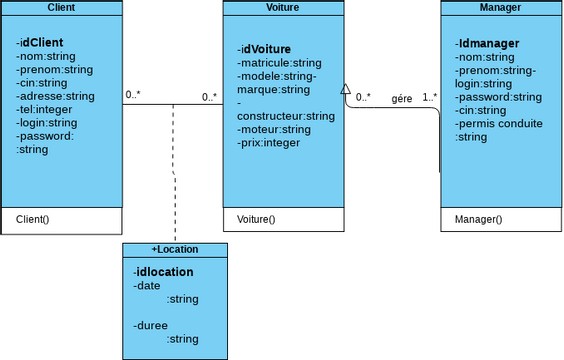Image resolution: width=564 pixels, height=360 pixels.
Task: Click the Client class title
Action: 61,8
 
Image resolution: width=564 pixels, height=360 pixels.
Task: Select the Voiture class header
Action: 282,8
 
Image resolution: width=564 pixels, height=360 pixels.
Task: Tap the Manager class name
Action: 501,8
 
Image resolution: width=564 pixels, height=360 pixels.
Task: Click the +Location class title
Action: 175,249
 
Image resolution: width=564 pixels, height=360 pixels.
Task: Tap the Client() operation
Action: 33,219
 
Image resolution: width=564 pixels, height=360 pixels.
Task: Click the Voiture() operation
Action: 256,219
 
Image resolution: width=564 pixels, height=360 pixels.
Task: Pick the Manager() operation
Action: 479,219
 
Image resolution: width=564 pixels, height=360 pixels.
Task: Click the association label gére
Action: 401,98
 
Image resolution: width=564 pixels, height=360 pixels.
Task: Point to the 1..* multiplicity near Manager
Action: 429,98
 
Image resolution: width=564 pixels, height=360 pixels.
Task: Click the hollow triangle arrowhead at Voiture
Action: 345,89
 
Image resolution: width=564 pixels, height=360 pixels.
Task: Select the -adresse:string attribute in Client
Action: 56,96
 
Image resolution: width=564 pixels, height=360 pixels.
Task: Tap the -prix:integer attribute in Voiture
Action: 269,142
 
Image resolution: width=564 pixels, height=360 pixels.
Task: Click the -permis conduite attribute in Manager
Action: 499,124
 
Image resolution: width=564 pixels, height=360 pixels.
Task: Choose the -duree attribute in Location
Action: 150,325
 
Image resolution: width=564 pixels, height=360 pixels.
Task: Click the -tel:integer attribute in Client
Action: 45,109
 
